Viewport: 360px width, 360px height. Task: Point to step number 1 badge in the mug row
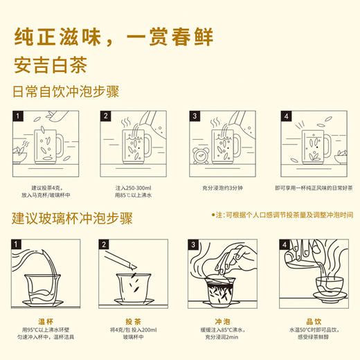(18, 116)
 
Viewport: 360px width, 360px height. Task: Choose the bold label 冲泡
(222, 320)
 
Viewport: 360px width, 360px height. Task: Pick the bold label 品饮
(311, 320)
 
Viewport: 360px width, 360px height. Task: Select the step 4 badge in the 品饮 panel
(284, 244)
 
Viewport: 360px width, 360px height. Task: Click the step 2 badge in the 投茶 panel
(106, 244)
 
